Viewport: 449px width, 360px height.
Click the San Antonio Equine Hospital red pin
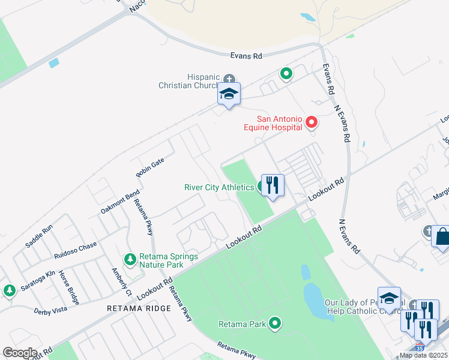[x=312, y=122]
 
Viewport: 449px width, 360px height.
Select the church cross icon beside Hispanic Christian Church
[x=229, y=79]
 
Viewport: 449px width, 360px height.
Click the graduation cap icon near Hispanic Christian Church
[x=229, y=94]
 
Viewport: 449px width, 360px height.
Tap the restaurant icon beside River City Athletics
[x=273, y=185]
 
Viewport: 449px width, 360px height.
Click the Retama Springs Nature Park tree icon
[x=130, y=259]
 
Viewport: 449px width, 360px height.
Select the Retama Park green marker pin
[x=276, y=324]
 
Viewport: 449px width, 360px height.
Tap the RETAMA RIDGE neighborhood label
[x=139, y=308]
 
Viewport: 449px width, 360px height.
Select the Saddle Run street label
[x=39, y=236]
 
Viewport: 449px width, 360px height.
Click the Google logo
[x=20, y=353]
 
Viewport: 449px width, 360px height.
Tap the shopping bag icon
[x=442, y=236]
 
